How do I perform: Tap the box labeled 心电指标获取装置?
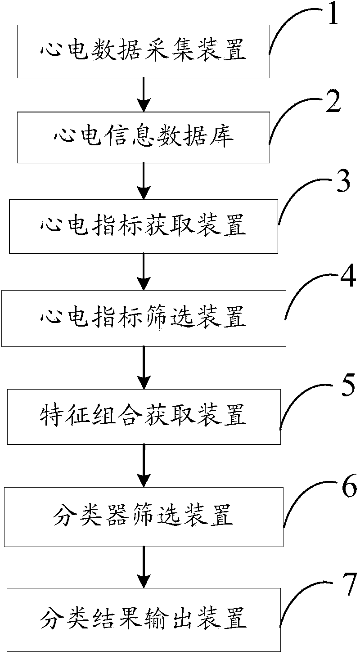143,226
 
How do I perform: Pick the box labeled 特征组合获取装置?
143,416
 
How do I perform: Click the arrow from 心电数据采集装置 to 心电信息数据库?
143,94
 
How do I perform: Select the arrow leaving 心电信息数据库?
143,180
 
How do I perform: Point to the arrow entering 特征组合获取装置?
143,367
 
